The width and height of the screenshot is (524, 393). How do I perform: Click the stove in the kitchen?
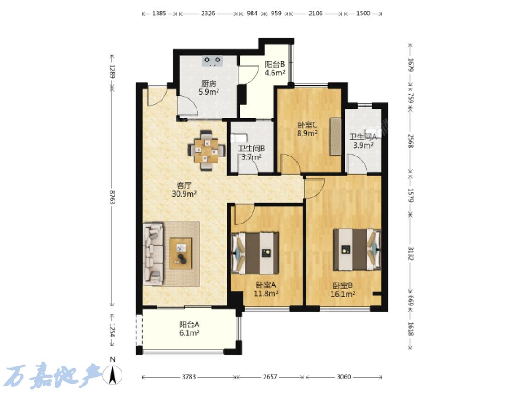point(212,61)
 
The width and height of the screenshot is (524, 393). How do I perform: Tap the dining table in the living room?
point(206,150)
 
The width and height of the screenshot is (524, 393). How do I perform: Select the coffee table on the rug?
point(181,253)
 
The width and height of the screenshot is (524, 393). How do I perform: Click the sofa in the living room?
point(153,254)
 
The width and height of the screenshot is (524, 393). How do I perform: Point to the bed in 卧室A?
point(255,253)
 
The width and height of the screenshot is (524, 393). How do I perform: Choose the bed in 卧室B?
point(357,249)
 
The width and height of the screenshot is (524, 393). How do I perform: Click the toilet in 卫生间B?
point(238,138)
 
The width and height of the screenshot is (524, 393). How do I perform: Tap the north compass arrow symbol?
point(113,374)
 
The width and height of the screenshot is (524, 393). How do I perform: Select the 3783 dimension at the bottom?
point(189,377)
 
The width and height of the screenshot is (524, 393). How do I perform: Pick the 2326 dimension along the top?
point(208,14)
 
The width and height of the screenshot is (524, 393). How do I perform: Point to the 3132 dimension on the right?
point(411,253)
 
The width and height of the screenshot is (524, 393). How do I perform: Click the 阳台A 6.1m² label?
point(190,328)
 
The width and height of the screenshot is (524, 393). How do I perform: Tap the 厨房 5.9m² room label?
point(209,88)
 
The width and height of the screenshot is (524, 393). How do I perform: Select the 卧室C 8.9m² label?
point(307,129)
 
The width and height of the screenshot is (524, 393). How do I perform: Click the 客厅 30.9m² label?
point(184,189)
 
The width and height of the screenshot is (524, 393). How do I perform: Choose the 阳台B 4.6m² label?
point(275,68)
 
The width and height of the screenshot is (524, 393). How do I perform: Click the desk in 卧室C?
point(335,136)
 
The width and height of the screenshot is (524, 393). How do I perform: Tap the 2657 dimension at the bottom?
point(270,377)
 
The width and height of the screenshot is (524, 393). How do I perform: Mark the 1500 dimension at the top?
point(363,14)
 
